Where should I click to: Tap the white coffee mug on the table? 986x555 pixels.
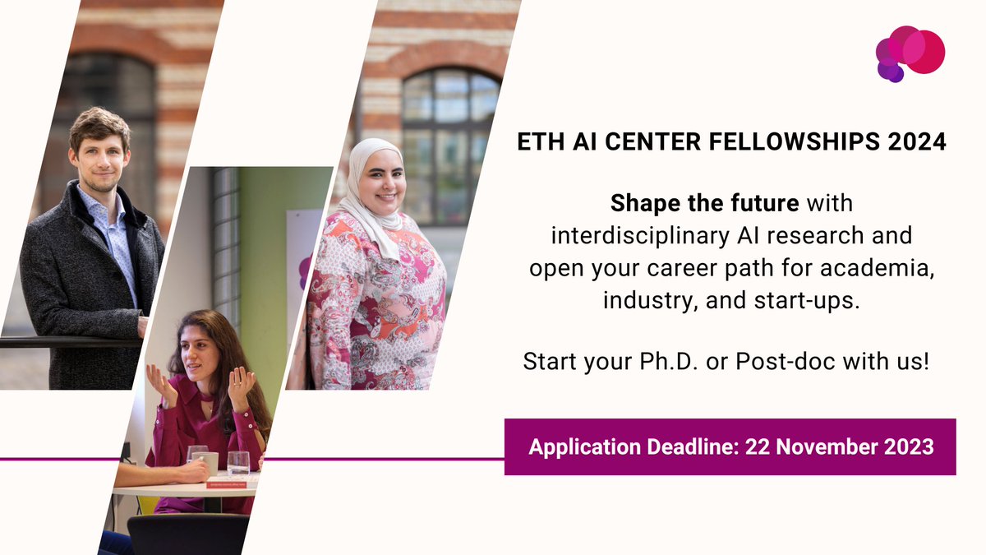(x=207, y=463)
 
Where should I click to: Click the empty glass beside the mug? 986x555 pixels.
(x=237, y=463)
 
